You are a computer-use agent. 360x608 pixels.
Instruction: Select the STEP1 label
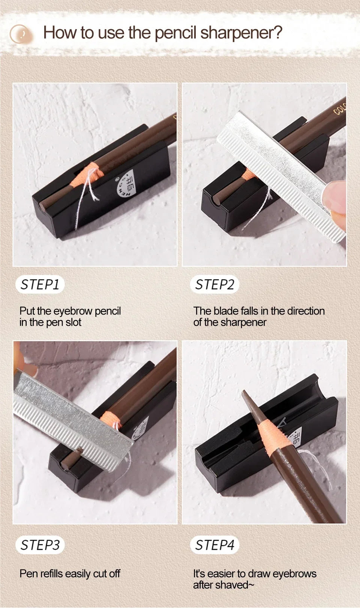tap(40, 285)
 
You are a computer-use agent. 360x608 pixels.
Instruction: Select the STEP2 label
tap(214, 285)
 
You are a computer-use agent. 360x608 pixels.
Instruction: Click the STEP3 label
tap(40, 545)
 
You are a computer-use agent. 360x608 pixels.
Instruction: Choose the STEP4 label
tap(214, 545)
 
